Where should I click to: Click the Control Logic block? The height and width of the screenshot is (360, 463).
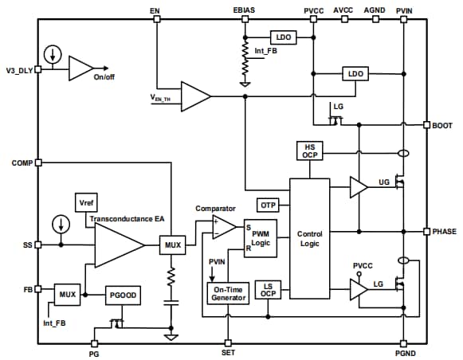click(x=308, y=240)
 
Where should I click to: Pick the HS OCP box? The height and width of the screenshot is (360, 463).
click(x=308, y=151)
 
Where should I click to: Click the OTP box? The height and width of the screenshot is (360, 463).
click(x=268, y=205)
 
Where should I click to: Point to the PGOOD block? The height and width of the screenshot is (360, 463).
click(x=122, y=295)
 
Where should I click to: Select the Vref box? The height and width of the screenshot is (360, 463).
click(x=85, y=203)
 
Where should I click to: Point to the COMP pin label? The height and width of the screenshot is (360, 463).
click(x=21, y=162)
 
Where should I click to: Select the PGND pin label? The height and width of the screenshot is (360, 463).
click(x=405, y=352)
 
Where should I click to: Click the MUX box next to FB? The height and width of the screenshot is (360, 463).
click(x=68, y=295)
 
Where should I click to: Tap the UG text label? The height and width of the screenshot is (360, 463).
click(x=384, y=182)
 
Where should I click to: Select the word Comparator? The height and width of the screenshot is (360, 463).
click(x=215, y=209)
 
